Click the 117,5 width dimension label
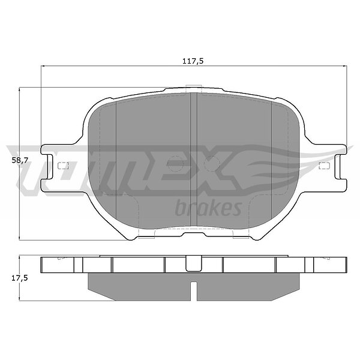point(193,61)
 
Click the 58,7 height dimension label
point(20,160)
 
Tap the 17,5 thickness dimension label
point(20,278)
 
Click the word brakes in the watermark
point(208,208)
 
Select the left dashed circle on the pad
point(175,164)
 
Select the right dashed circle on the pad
point(212,164)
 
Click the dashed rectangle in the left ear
point(63,166)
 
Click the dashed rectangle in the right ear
point(325,166)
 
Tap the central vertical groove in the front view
point(194,160)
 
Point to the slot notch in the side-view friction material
point(194,291)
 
